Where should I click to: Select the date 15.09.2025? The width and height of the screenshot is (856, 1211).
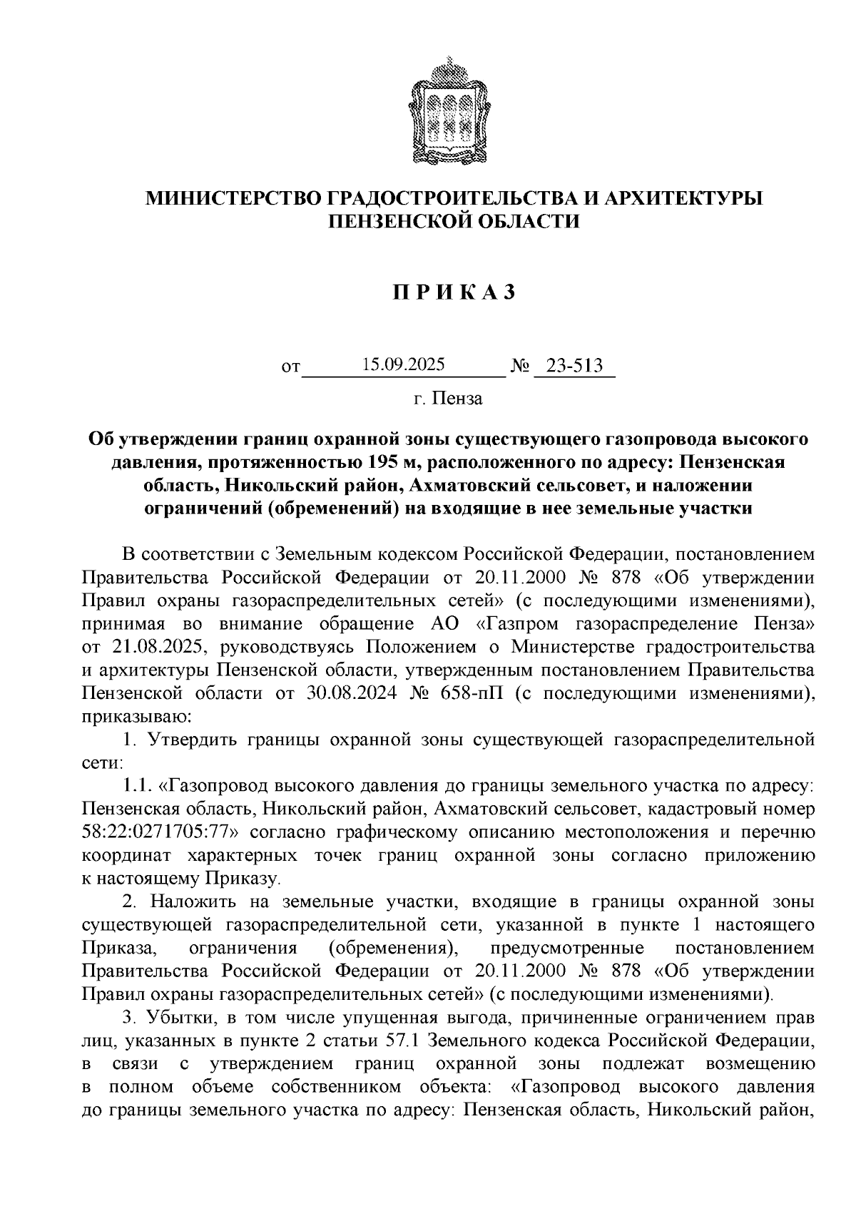tap(403, 365)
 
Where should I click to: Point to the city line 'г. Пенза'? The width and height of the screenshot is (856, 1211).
tap(448, 399)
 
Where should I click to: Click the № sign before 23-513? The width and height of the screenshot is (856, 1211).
tap(521, 367)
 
